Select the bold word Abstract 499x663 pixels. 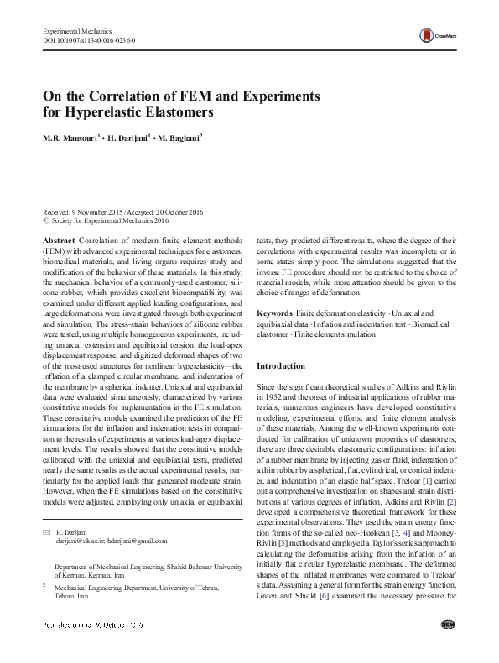click(x=57, y=241)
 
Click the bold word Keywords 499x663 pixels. click(x=274, y=313)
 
